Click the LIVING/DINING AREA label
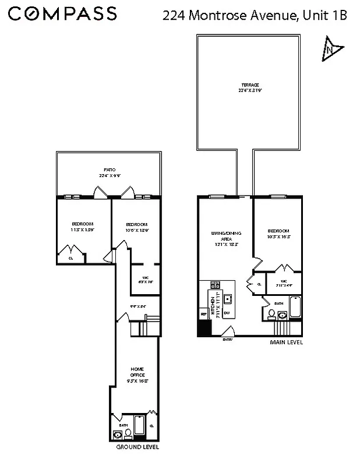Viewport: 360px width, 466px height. [x=226, y=236]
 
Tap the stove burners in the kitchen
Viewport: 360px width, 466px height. [x=214, y=285]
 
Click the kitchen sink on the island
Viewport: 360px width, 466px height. [x=228, y=299]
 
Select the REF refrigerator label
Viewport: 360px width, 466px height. [x=203, y=314]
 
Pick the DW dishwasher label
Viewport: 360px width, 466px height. [x=227, y=313]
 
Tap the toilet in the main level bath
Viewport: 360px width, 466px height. [x=271, y=313]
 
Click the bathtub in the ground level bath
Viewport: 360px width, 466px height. [x=140, y=426]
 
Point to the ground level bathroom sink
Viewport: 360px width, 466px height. [x=117, y=434]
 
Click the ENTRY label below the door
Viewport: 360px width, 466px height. [x=227, y=341]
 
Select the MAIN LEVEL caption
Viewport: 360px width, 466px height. [x=286, y=342]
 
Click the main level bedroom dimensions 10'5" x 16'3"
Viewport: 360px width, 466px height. [x=279, y=236]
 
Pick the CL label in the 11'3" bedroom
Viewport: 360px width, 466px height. [x=71, y=257]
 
